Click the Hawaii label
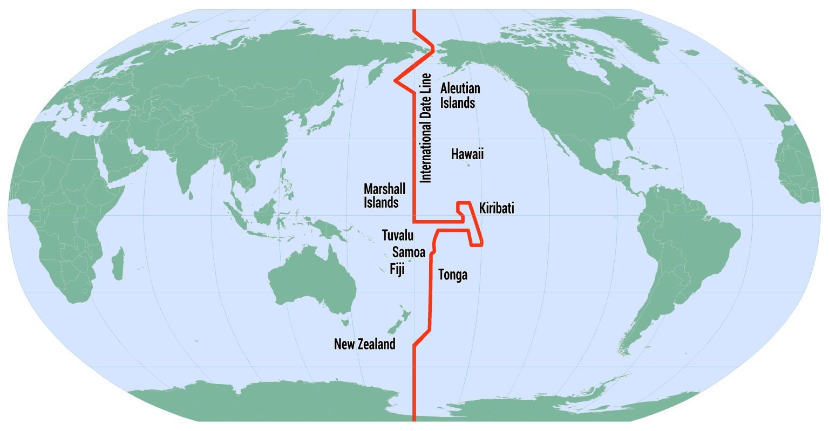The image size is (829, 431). [x=467, y=155]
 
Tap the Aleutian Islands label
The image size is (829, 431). [x=459, y=95]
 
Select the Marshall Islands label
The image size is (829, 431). [x=384, y=196]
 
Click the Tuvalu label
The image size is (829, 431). [x=398, y=235]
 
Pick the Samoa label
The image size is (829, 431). [x=409, y=252]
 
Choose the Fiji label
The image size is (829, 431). [x=397, y=269]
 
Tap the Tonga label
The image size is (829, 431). [x=452, y=275]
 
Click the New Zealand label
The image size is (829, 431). [x=364, y=344]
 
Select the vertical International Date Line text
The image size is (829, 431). [x=426, y=127]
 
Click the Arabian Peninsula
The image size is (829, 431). [x=116, y=162]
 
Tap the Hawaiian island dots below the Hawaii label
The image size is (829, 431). [x=468, y=165]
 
